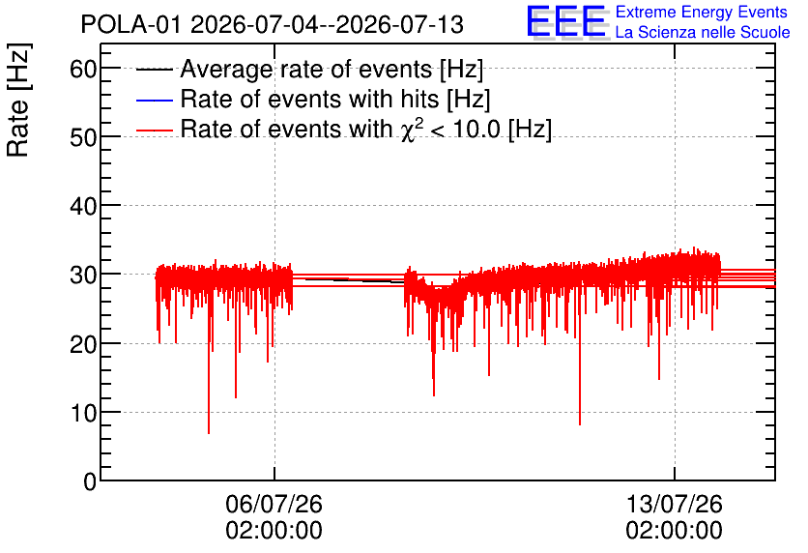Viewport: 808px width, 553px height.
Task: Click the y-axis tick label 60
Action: click(83, 69)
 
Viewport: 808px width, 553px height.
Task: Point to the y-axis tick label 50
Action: click(83, 137)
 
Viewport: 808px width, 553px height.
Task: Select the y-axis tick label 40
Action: click(83, 206)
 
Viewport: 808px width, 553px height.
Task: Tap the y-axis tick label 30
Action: click(83, 276)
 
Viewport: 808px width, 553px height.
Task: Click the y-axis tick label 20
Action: click(83, 344)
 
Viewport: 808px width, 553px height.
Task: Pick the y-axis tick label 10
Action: click(83, 413)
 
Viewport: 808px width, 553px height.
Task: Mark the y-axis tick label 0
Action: click(90, 481)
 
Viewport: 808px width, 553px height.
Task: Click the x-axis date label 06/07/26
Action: click(274, 504)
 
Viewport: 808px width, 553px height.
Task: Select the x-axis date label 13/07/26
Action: click(674, 504)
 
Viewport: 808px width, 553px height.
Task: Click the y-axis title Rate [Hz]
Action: click(19, 100)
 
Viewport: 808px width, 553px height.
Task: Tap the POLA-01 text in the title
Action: click(131, 24)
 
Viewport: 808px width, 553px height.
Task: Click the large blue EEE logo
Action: click(565, 21)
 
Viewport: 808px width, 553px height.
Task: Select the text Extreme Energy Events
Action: click(702, 12)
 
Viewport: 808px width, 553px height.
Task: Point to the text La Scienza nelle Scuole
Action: click(703, 33)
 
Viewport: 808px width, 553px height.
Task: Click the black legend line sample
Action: click(154, 70)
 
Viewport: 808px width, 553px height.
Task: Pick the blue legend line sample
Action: click(154, 100)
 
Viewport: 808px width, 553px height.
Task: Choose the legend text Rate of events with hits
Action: click(309, 99)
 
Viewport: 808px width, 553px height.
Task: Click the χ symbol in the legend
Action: click(409, 131)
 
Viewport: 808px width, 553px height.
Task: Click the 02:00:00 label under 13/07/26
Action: click(674, 531)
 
